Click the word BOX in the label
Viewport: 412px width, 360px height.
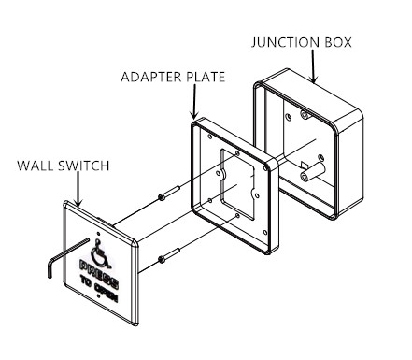tap(338, 42)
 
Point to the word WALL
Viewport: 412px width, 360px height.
tap(36, 166)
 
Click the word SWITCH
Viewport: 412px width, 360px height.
tap(84, 166)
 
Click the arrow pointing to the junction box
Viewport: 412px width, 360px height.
tap(313, 66)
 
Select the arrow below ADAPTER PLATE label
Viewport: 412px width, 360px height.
tap(194, 102)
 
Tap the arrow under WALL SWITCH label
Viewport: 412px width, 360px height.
tap(78, 189)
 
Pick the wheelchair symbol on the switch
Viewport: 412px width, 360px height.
tap(100, 254)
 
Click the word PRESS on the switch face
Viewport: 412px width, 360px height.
tap(99, 274)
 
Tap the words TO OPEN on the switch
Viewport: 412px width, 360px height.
tap(99, 289)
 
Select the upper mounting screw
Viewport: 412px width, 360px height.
tap(169, 193)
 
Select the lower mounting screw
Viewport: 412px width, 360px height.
tap(169, 254)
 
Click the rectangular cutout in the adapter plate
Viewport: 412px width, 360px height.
tap(238, 184)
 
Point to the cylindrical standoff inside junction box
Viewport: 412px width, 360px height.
tap(312, 172)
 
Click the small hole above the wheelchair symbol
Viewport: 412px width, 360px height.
tap(99, 234)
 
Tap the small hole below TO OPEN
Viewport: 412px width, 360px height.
tap(99, 296)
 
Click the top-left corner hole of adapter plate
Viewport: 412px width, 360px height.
tap(210, 137)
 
